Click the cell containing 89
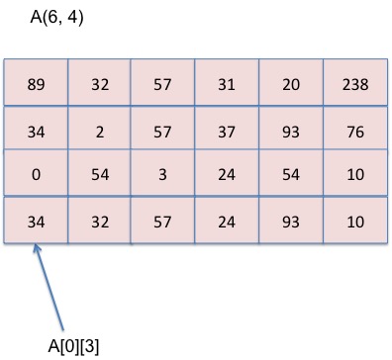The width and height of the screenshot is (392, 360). point(36,84)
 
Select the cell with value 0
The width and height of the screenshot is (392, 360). point(36,174)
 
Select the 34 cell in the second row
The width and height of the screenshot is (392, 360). point(36,128)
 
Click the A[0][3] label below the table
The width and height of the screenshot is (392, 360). point(73,344)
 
